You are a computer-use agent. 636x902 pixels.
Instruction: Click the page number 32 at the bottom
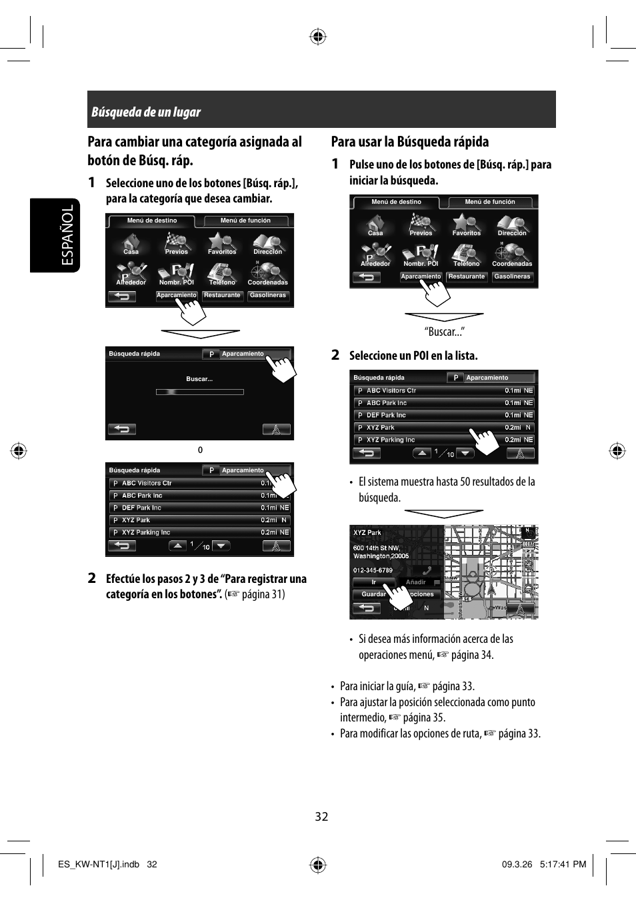click(x=321, y=817)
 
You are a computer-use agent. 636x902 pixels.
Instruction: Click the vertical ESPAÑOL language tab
click(x=67, y=235)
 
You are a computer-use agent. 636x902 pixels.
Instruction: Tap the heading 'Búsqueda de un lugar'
click(x=146, y=112)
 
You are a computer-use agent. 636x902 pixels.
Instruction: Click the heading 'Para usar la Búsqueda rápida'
click(x=409, y=141)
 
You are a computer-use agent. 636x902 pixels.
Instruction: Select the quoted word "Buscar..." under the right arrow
click(x=444, y=332)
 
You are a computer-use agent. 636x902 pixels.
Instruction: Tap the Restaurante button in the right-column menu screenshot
click(x=466, y=276)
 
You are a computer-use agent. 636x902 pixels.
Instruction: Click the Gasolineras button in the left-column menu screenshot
click(x=267, y=295)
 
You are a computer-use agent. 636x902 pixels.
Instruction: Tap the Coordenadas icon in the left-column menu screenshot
click(x=267, y=273)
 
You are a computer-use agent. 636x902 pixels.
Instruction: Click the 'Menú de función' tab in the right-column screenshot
click(x=490, y=202)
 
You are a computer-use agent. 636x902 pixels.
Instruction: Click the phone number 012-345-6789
click(x=373, y=570)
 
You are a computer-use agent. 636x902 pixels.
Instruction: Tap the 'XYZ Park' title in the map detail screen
click(x=367, y=533)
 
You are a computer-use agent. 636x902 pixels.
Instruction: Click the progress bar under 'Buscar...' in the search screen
click(x=199, y=392)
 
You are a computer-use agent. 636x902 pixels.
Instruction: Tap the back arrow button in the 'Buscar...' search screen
click(x=122, y=429)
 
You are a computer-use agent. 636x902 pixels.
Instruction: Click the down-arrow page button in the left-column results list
click(x=221, y=546)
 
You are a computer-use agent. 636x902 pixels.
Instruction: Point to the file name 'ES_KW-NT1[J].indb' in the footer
click(x=99, y=864)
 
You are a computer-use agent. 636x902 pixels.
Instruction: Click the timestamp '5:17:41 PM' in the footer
click(x=564, y=864)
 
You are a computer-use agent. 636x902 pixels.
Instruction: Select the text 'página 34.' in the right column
click(x=472, y=655)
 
